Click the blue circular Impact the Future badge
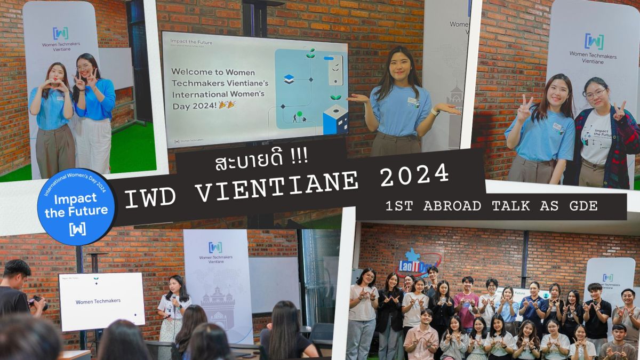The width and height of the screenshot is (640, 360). [x=77, y=207]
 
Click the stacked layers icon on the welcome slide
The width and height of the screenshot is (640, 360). [x=289, y=79]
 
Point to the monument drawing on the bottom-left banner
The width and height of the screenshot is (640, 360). [x=217, y=309]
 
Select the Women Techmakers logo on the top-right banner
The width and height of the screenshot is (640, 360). [x=594, y=41]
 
